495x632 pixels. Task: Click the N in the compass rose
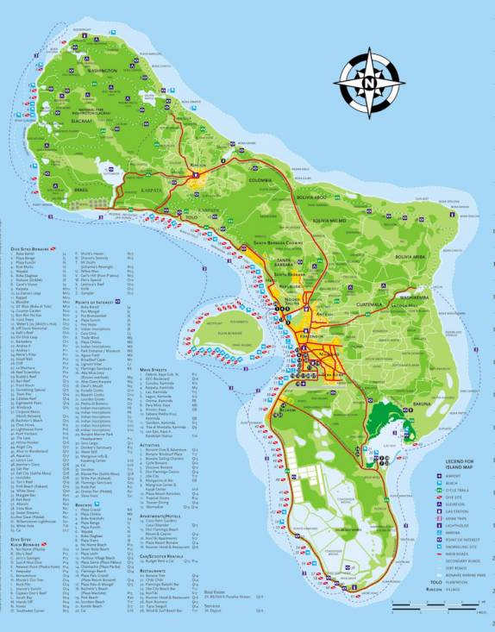pyautogui.click(x=368, y=83)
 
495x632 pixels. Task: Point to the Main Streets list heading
pyautogui.click(x=155, y=369)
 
